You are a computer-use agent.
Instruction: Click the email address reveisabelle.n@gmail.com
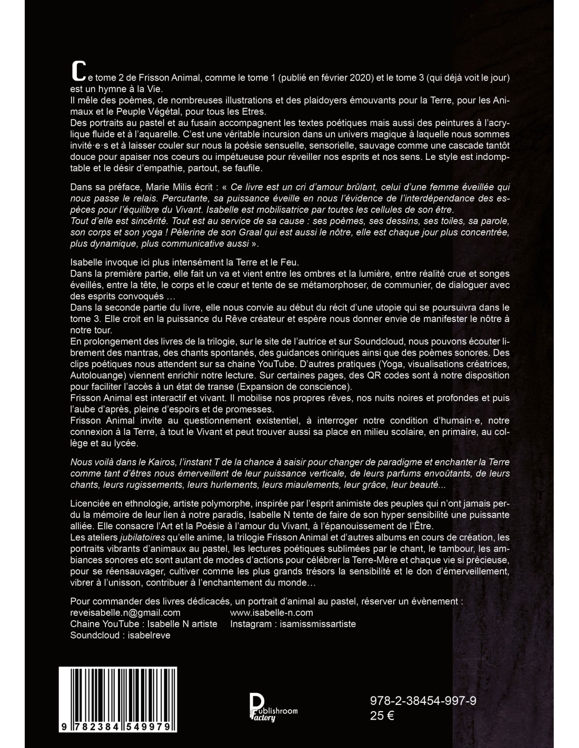point(125,612)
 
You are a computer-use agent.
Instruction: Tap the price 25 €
point(383,715)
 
